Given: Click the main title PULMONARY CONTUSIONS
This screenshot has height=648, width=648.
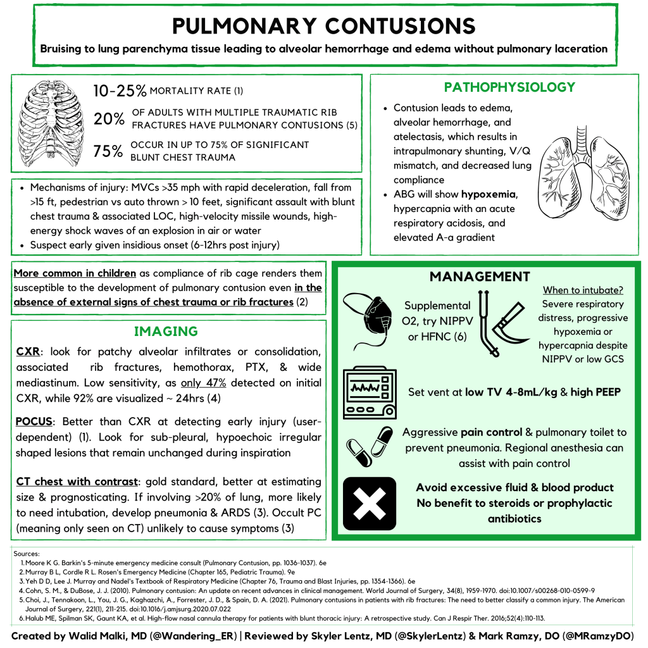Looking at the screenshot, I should [x=323, y=25].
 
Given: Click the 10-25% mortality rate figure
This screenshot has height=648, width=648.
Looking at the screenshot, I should [x=119, y=91].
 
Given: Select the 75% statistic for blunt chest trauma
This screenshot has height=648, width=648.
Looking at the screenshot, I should [x=108, y=152].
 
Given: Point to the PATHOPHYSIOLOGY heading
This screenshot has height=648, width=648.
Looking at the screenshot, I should [x=509, y=87].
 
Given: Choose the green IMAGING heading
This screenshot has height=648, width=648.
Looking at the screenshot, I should [x=166, y=332].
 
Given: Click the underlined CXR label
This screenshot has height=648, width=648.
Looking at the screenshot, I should [x=28, y=351].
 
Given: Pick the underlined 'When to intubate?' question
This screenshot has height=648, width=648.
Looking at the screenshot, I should [x=583, y=290].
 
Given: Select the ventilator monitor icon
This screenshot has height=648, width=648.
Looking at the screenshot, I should [x=370, y=394].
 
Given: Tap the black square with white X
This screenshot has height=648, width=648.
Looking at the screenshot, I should [x=369, y=504].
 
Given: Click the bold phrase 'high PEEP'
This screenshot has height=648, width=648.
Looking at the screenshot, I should [x=595, y=392].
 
